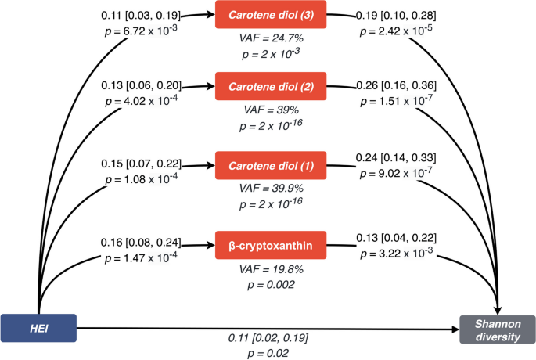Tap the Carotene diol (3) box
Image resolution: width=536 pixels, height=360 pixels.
(x=269, y=15)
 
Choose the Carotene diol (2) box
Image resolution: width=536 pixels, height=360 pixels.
(x=269, y=86)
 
